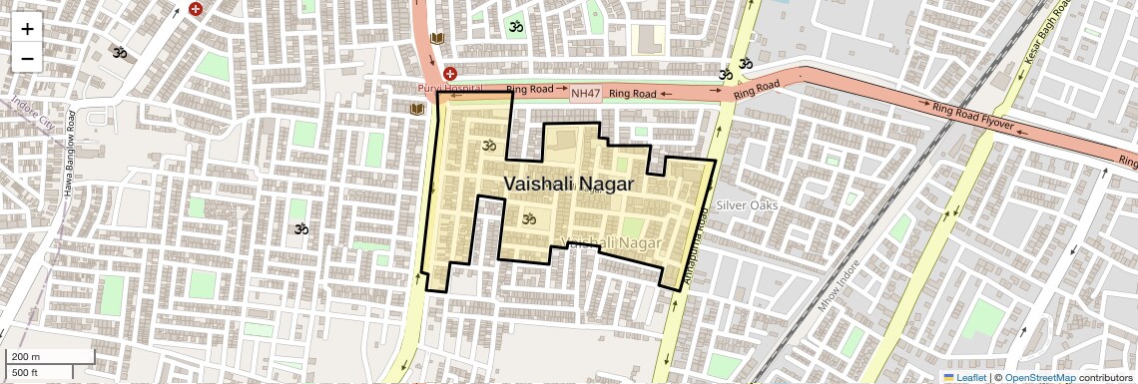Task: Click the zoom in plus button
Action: click(x=27, y=29)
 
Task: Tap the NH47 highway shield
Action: click(x=585, y=94)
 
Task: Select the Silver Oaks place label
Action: click(x=747, y=204)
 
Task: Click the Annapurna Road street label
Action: click(x=696, y=239)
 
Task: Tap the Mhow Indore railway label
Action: click(x=839, y=284)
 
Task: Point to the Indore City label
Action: click(x=33, y=114)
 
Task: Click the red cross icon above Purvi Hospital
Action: click(x=450, y=74)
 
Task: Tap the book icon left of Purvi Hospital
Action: click(x=417, y=108)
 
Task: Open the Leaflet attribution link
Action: click(x=964, y=377)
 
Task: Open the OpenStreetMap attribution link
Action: click(x=1039, y=377)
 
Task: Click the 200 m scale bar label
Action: click(x=25, y=356)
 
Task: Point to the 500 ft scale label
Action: click(x=25, y=372)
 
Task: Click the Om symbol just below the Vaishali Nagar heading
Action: click(x=530, y=218)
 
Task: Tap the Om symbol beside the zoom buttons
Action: click(x=120, y=52)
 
